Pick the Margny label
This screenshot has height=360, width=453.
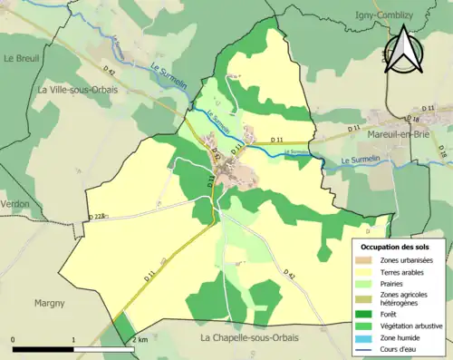coord(50,303)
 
